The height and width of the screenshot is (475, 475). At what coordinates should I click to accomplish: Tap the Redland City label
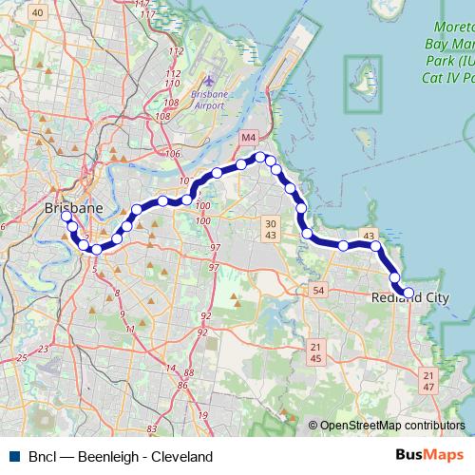pyautogui.click(x=410, y=298)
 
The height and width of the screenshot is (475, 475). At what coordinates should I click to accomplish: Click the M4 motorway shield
pyautogui.click(x=248, y=138)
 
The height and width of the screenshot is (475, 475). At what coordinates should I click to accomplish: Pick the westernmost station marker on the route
pyautogui.click(x=66, y=217)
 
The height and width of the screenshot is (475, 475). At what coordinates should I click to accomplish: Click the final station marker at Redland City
pyautogui.click(x=408, y=294)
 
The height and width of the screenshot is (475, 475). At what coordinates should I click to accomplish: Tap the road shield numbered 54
pyautogui.click(x=318, y=289)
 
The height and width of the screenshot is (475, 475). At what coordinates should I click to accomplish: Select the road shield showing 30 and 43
pyautogui.click(x=271, y=228)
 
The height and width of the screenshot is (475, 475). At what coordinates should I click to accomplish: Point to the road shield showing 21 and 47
pyautogui.click(x=428, y=382)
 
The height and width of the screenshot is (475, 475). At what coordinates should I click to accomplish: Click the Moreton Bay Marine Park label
pyautogui.click(x=446, y=53)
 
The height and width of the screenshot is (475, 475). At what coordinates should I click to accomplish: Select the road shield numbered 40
pyautogui.click(x=38, y=11)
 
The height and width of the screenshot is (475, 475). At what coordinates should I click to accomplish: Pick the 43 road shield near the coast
pyautogui.click(x=368, y=235)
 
